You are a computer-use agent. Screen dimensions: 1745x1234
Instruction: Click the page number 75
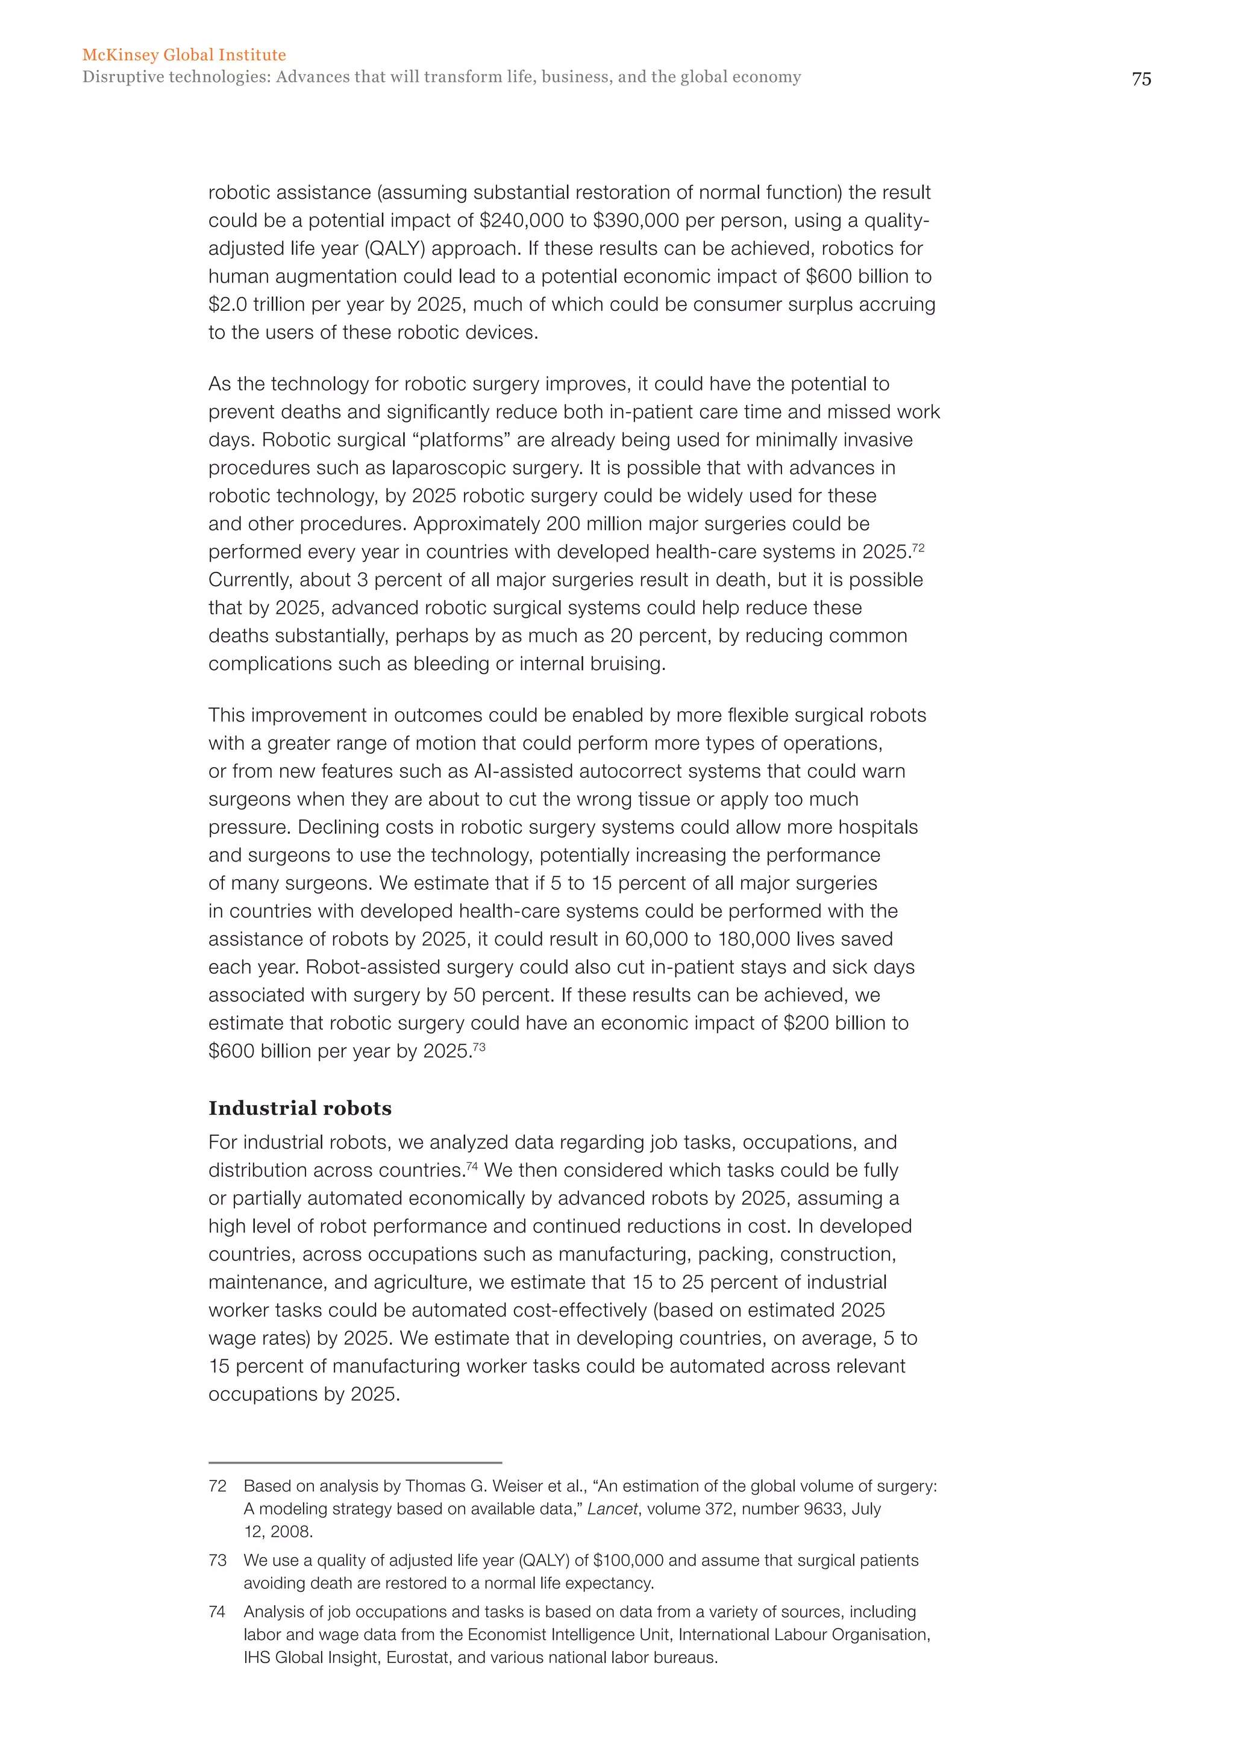(x=1141, y=79)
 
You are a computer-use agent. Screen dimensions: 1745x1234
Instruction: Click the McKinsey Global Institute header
(x=184, y=55)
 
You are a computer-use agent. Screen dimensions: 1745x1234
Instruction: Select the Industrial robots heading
(x=300, y=1108)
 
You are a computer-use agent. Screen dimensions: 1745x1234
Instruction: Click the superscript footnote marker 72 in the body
(x=918, y=547)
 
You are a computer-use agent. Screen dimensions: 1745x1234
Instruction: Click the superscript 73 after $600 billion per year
(x=478, y=1047)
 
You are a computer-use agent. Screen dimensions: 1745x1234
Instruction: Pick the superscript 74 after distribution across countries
(x=472, y=1166)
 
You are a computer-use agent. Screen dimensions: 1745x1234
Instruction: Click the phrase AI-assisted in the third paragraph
(x=524, y=771)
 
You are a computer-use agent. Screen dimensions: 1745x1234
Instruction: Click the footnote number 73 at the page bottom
(x=218, y=1560)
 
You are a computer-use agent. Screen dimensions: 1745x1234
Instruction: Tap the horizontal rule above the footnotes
(x=355, y=1462)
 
